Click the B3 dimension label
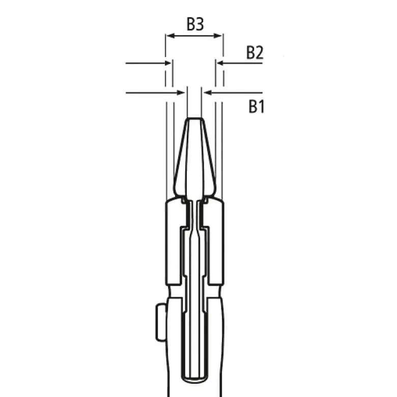194,24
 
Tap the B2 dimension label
254,53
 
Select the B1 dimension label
256,107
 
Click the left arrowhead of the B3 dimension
168,36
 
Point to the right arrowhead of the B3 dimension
220,36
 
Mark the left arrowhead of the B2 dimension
168,64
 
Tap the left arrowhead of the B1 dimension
182,93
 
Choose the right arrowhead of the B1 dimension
207,93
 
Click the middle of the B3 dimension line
194,36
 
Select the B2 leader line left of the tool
145,64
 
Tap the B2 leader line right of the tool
242,64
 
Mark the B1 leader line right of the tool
237,93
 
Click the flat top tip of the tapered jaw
194,120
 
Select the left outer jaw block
173,244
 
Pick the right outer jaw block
215,244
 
